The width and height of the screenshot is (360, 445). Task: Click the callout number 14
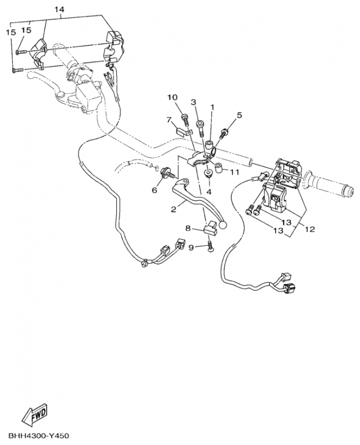pos(60,10)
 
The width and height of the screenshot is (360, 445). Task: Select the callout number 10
pos(172,98)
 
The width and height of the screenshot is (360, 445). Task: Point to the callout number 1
pos(211,106)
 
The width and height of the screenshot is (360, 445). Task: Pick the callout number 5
pos(239,115)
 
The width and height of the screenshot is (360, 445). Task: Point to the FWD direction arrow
pos(34,414)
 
